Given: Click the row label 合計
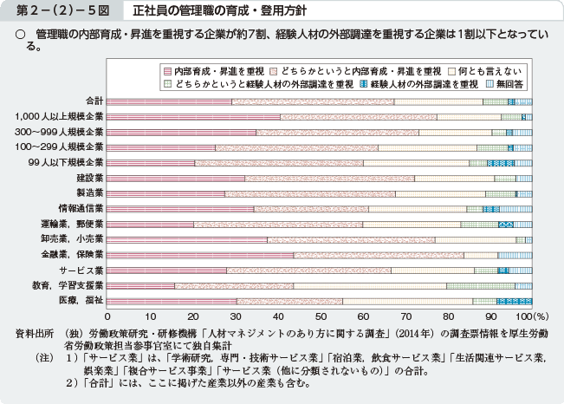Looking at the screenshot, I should [94, 101].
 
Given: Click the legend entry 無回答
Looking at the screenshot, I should [504, 84].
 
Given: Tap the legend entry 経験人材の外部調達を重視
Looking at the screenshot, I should [425, 84].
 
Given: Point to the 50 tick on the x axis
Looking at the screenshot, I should [319, 316].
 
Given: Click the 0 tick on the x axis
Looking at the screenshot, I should [107, 316].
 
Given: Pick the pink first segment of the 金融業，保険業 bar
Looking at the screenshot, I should [200, 254].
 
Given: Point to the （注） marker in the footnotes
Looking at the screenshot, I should [42, 356].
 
